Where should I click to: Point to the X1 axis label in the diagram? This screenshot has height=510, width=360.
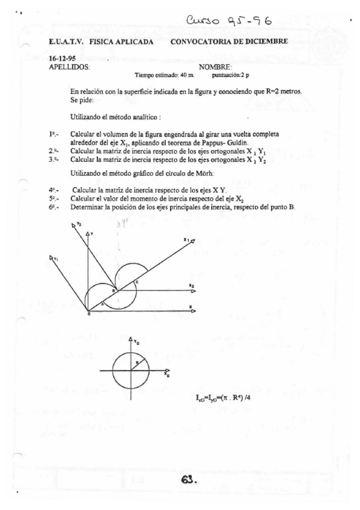pos(187,240)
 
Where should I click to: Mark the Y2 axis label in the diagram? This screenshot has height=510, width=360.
pos(75,224)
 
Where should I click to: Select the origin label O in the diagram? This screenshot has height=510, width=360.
pos(88,314)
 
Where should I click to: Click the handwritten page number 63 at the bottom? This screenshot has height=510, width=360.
pos(188,480)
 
